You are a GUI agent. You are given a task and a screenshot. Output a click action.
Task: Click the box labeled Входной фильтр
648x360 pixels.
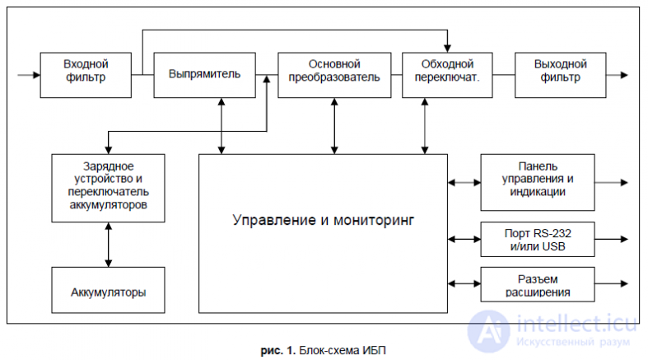[86, 75]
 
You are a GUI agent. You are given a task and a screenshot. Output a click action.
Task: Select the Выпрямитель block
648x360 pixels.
[204, 75]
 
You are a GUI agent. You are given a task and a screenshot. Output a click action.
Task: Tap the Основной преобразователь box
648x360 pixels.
[334, 75]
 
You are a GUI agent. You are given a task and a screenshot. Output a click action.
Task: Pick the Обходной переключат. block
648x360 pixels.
[447, 75]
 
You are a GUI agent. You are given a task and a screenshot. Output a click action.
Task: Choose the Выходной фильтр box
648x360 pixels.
[561, 75]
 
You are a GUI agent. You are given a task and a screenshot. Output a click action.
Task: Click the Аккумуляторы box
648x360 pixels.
[109, 290]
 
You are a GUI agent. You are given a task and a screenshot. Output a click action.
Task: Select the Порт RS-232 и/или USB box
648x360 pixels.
[538, 239]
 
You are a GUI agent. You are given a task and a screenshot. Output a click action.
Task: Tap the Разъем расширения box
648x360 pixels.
[538, 284]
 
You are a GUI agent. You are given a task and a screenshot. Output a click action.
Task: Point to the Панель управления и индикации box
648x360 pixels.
[538, 183]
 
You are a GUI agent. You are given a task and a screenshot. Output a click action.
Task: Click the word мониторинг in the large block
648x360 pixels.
[374, 221]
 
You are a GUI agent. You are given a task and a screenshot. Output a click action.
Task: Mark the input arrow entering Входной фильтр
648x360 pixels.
[29, 75]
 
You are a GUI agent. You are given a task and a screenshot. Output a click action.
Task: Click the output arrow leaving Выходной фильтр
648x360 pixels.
[617, 75]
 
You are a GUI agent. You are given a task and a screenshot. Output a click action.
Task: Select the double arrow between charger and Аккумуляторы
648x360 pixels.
[109, 245]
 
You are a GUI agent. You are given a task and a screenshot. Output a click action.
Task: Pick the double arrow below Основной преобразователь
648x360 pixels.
[334, 126]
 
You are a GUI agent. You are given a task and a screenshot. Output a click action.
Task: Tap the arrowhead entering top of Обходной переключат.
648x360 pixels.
[447, 49]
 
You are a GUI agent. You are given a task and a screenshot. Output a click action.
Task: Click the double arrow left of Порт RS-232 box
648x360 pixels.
[464, 239]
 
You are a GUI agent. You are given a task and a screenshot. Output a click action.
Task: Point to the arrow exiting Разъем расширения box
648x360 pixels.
[611, 284]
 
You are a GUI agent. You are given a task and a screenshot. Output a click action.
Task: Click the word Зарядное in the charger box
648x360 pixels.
[109, 166]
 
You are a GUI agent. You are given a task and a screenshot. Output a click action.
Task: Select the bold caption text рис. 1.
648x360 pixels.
[278, 351]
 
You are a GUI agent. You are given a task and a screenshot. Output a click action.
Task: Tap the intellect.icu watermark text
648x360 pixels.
[576, 324]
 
